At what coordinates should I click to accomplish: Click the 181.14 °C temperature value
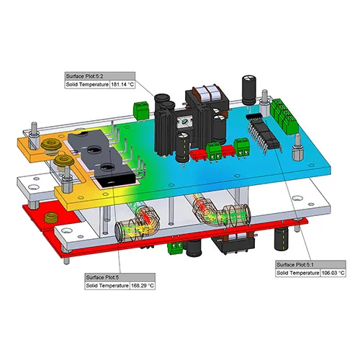pyautogui.click(x=122, y=84)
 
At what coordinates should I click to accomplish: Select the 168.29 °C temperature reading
pyautogui.click(x=143, y=286)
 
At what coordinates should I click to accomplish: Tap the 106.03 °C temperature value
pyautogui.click(x=333, y=273)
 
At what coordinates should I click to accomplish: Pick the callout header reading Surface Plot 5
pyautogui.click(x=102, y=277)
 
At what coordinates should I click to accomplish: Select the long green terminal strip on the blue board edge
pyautogui.click(x=284, y=116)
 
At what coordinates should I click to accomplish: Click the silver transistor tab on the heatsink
pyautogui.click(x=184, y=122)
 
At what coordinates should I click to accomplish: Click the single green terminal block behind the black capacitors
pyautogui.click(x=141, y=111)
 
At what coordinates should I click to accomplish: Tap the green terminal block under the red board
pyautogui.click(x=176, y=247)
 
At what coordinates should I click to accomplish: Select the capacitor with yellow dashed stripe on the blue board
pyautogui.click(x=183, y=148)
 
